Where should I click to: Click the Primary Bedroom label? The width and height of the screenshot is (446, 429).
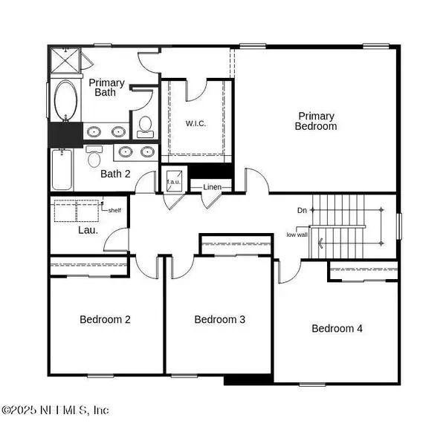coord(316,121)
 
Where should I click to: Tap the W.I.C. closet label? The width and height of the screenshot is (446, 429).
coord(195,123)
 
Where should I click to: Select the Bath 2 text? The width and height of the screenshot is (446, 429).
coord(115,174)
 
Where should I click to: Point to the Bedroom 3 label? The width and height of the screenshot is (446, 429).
coord(219,319)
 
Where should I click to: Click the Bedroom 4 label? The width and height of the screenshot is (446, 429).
coord(337,329)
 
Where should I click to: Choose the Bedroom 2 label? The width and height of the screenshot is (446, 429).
coord(105,319)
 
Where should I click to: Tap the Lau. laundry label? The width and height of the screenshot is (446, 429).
coord(88,230)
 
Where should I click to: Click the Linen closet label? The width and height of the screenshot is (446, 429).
coord(212,187)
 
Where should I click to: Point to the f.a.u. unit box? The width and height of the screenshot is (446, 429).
coord(174,181)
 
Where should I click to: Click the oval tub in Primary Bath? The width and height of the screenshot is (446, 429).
coord(65,100)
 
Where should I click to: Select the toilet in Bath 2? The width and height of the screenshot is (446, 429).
coord(94,157)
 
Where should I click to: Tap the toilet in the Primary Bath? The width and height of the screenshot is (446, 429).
coord(146,127)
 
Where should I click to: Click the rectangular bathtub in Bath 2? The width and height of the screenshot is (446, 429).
coord(62,169)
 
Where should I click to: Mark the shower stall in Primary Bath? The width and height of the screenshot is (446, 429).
coord(65,60)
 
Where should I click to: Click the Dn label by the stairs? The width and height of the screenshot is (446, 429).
coord(302,210)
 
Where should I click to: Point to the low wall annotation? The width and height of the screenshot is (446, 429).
coord(297,235)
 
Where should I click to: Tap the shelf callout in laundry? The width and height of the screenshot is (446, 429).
coord(114,210)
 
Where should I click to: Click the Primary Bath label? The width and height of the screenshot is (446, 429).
coord(106,88)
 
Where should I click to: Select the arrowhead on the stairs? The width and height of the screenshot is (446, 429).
coord(320,243)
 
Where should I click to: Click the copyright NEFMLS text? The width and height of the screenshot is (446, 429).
coord(55,410)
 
